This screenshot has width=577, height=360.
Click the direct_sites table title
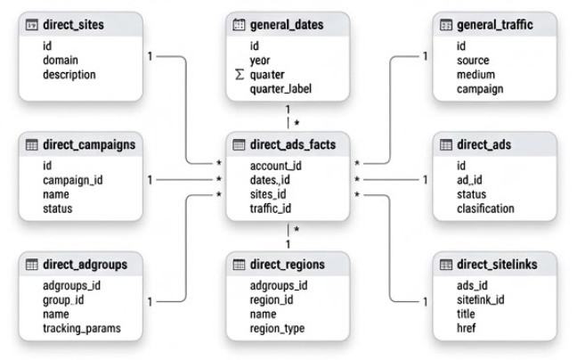[73, 25]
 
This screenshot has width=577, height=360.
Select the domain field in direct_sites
[61, 60]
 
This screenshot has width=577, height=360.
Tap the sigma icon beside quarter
[240, 75]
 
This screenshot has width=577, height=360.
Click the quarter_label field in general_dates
[280, 89]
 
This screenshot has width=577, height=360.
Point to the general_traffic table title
[494, 25]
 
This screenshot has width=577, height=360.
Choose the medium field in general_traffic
[475, 75]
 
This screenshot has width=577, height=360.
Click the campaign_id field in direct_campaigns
[73, 180]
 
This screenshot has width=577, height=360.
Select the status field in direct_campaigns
[57, 209]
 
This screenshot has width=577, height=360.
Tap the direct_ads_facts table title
[293, 144]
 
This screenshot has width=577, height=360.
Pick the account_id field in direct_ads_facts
[276, 166]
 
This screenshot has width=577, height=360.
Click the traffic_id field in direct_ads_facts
[271, 209]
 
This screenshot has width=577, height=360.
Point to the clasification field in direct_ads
[485, 209]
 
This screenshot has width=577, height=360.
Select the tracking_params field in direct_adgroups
[82, 328]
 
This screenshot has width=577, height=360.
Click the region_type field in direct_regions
[277, 328]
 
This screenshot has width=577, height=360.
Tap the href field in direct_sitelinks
[466, 328]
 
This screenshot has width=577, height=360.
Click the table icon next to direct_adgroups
[32, 265]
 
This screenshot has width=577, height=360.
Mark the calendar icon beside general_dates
[239, 25]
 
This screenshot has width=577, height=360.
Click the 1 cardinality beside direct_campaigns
[150, 180]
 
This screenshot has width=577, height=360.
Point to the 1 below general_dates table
[288, 110]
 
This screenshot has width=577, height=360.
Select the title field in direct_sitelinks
[466, 314]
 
